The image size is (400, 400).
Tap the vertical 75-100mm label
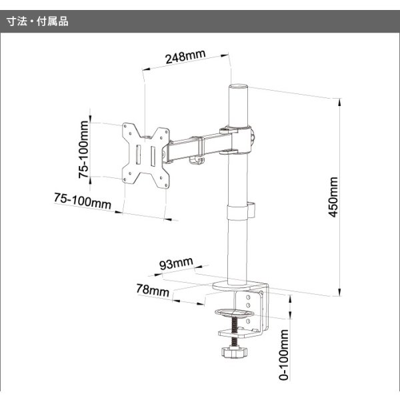point(84,151)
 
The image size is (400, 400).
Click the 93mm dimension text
point(177,265)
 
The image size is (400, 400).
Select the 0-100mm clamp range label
point(284,353)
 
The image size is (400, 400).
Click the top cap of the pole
point(239,87)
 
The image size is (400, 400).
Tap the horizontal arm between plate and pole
point(197,146)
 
